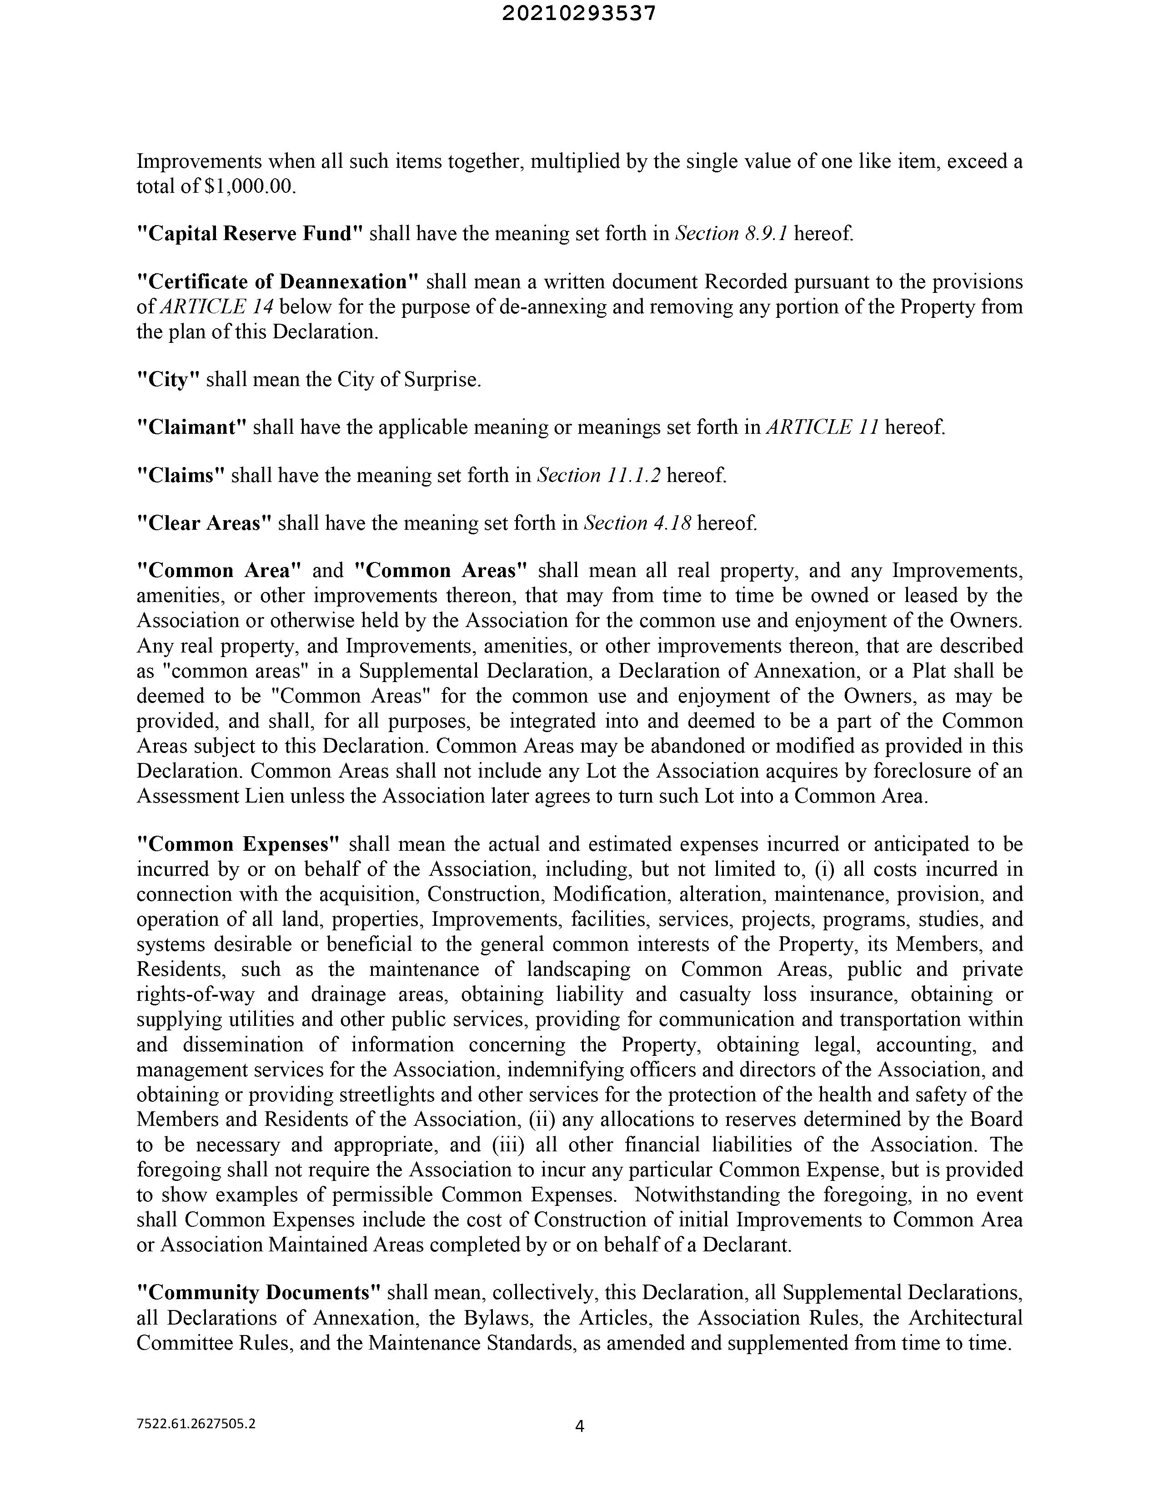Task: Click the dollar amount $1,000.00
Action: click(250, 187)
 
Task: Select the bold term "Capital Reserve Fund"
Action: click(250, 234)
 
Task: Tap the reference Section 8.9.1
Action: click(732, 234)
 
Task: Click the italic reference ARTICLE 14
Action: click(216, 307)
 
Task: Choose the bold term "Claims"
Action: click(181, 475)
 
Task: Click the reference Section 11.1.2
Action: click(598, 475)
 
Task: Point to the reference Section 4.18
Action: click(637, 522)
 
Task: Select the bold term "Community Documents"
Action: click(259, 1292)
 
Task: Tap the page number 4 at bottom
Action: click(579, 1427)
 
